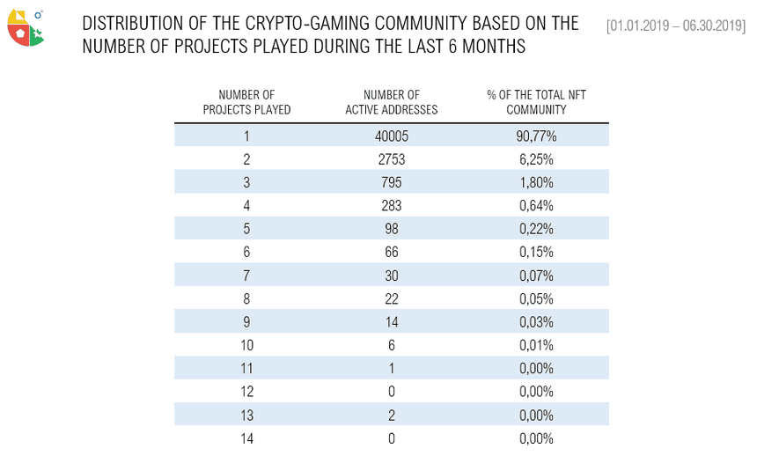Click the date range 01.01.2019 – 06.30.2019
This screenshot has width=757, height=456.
[x=675, y=25]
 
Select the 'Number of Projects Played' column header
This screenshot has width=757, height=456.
[x=246, y=102]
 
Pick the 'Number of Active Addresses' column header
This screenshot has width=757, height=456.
[x=391, y=102]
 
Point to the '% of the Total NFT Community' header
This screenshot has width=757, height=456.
[x=536, y=102]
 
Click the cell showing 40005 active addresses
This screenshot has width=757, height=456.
[x=391, y=136]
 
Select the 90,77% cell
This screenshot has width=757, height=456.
[x=536, y=136]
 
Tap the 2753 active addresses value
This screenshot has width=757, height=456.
[x=391, y=159]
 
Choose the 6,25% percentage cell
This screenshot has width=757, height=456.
[x=536, y=159]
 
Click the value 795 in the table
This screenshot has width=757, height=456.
[x=391, y=182]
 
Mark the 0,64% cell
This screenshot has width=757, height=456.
[x=536, y=206]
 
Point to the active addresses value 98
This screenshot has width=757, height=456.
[x=391, y=229]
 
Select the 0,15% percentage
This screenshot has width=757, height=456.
[x=536, y=253]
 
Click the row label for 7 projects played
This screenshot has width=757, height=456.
[x=246, y=276]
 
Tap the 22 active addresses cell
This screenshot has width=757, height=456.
[x=391, y=298]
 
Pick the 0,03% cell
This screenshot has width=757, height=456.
[x=536, y=322]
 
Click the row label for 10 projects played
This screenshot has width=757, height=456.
[x=246, y=345]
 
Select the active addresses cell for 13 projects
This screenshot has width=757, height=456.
[x=391, y=415]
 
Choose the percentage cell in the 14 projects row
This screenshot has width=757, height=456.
[x=536, y=438]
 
